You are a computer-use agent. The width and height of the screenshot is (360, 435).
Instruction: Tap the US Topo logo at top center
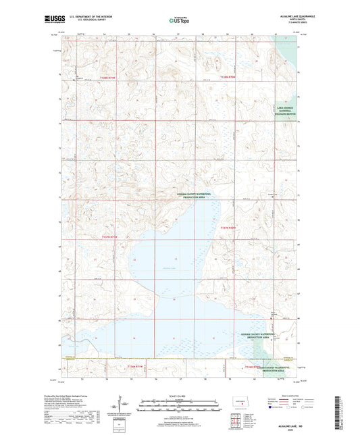179,20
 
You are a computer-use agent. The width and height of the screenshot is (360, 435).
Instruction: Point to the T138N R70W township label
230,79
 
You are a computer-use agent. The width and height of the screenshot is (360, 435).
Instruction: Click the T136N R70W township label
253,365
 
